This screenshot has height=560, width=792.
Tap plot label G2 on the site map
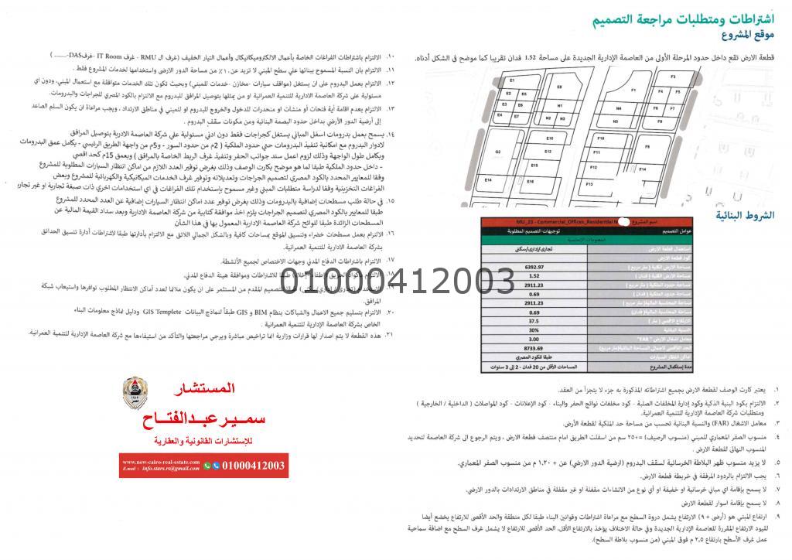pyautogui.click(x=499, y=152)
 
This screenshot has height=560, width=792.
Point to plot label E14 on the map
pyautogui.click(x=489, y=180)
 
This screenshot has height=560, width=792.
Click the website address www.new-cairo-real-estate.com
pyautogui.click(x=160, y=462)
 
